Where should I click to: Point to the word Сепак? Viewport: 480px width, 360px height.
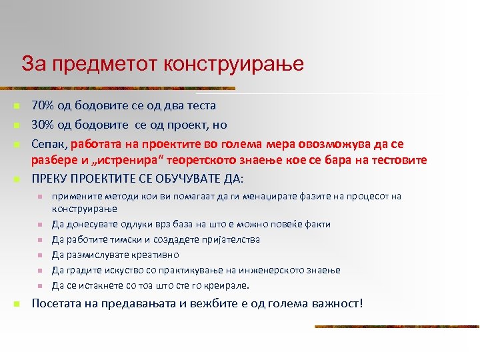[49, 144]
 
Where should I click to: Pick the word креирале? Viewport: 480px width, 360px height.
[223, 286]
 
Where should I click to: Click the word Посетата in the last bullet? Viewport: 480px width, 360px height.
[56, 304]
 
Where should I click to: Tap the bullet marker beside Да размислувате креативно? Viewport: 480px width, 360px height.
[39, 255]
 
